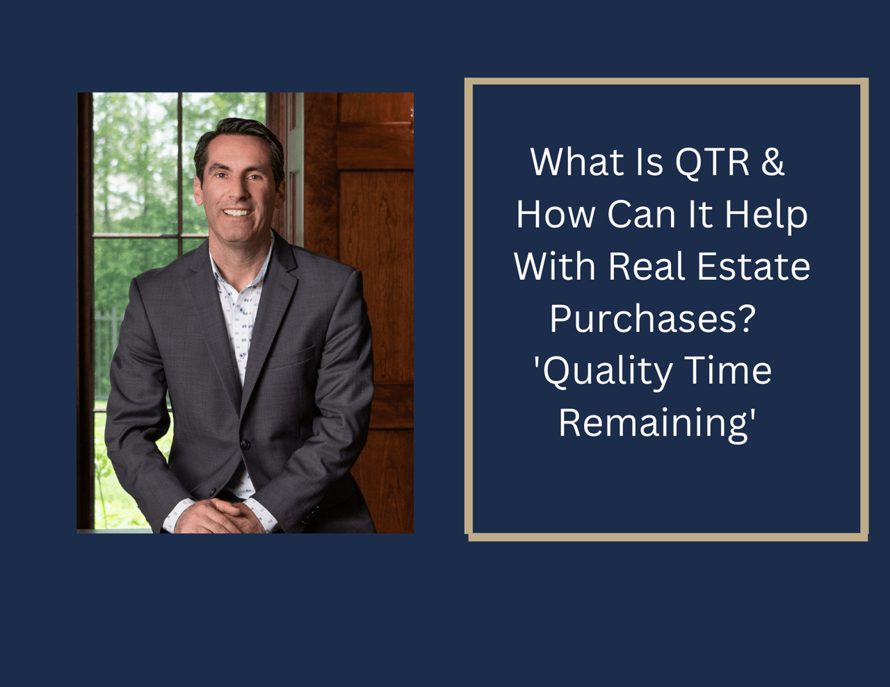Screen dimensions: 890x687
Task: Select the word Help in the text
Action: point(766,215)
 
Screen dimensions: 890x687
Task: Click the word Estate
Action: point(754,267)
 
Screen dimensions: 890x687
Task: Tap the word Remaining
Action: point(654,424)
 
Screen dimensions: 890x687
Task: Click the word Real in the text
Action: point(647,267)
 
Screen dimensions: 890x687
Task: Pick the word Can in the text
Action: point(641,215)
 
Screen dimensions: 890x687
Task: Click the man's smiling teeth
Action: point(237,213)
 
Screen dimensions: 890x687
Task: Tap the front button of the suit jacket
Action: point(245,445)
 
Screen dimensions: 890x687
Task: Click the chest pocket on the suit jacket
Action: point(291,356)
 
